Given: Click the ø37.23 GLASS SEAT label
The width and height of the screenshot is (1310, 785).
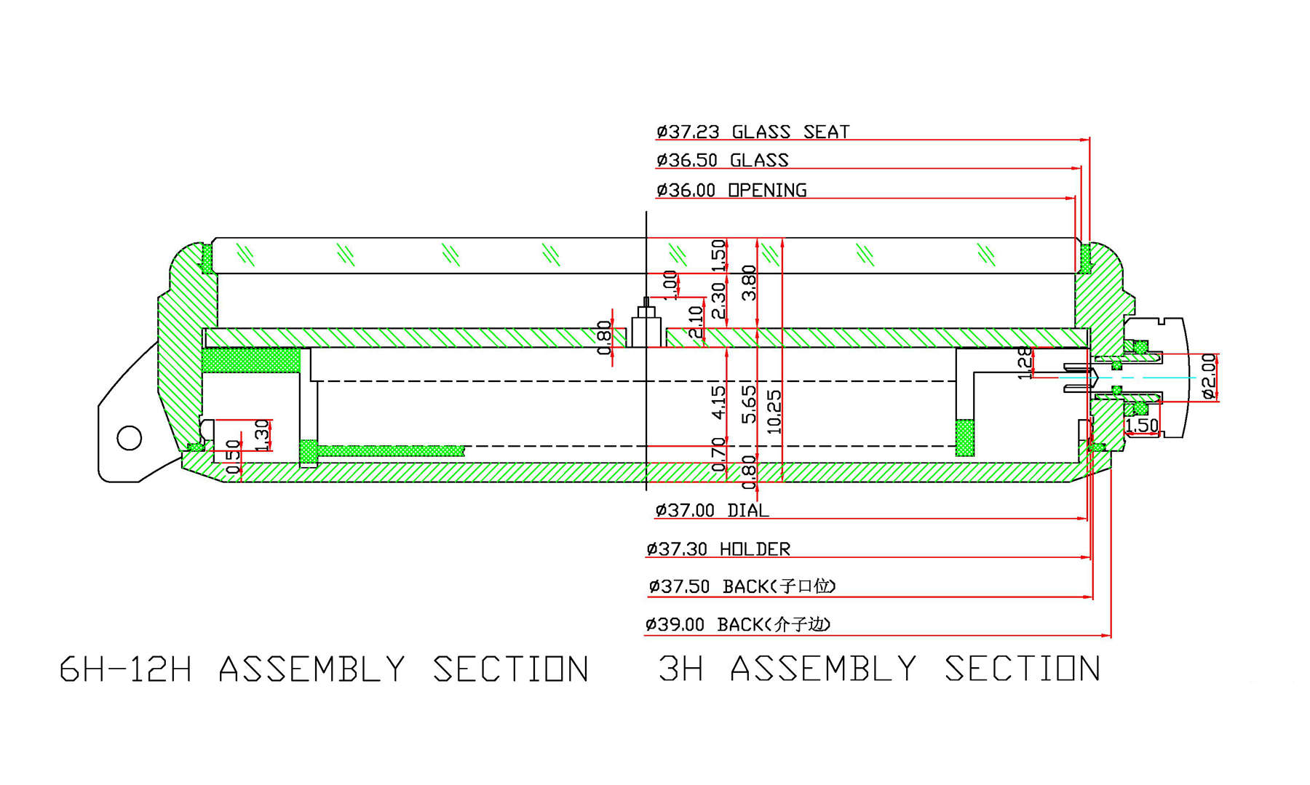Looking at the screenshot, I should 753,132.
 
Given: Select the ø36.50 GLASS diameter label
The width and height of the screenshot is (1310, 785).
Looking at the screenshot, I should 722,160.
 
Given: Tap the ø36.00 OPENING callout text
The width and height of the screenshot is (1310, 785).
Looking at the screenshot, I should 731,190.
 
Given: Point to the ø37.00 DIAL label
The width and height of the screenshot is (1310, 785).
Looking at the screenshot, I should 712,511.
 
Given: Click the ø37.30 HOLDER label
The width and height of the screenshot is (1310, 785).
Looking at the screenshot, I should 718,549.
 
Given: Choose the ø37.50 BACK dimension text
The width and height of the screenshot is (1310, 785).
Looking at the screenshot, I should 742,586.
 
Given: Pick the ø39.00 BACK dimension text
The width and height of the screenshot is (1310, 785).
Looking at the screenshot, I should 737,625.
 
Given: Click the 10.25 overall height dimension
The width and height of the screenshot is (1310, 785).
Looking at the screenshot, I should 774,412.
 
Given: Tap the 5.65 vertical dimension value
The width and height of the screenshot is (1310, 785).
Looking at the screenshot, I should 749,405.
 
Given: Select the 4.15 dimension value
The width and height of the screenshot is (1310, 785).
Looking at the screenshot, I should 718,402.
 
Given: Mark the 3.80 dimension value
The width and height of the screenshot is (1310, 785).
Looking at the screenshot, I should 749,283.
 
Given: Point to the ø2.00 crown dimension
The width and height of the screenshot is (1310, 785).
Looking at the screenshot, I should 1209,376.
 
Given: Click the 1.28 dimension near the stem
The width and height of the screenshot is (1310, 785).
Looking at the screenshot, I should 1024,363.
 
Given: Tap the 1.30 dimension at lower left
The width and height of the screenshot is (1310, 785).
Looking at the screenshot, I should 262,435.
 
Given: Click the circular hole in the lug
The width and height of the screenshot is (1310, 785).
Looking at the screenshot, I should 130,438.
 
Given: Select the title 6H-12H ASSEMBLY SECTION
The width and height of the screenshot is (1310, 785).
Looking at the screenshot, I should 324,669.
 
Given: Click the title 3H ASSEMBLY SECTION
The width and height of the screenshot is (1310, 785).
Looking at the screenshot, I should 879,669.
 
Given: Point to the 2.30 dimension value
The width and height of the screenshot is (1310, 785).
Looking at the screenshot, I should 718,300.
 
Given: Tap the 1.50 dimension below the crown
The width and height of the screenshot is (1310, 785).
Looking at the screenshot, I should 1141,425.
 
